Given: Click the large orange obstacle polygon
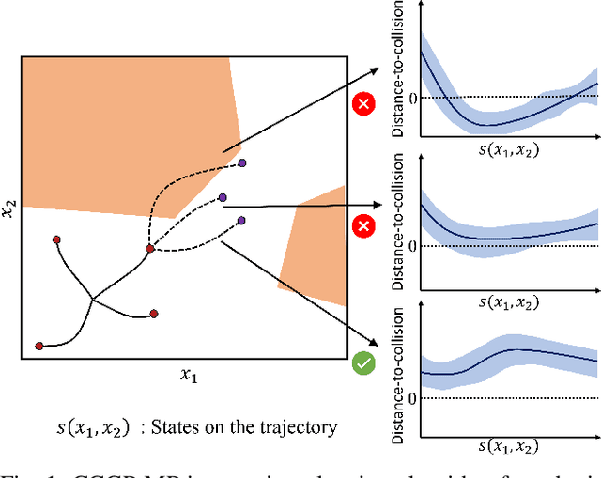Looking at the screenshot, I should pos(113,131).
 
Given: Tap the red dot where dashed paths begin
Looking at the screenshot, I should pos(149,249).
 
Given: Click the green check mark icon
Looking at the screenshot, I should pos(362,362).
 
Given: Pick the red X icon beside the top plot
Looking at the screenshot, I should pos(362,103).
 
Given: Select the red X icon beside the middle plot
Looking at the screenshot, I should pos(362,226).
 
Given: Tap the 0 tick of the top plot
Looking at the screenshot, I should pos(409,97).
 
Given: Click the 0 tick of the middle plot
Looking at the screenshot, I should pos(409,246).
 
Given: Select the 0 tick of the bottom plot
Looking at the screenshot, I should pos(409,397).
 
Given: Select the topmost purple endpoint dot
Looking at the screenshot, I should pos(242,163).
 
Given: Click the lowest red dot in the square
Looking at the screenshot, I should pos(39,346).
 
